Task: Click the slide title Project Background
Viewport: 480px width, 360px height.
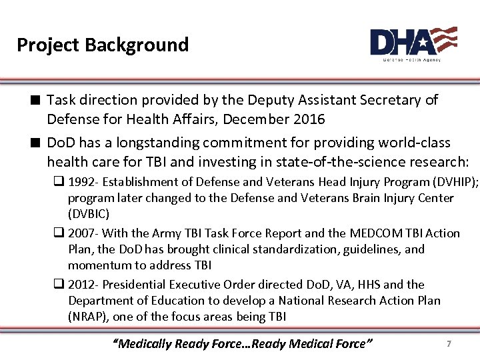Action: (x=103, y=45)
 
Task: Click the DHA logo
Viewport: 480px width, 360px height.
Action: (x=413, y=43)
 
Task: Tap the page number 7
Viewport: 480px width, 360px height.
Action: (x=449, y=343)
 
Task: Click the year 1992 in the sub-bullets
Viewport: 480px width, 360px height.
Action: (x=82, y=182)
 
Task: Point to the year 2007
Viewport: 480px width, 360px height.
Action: (x=82, y=233)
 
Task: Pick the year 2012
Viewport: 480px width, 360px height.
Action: (x=82, y=285)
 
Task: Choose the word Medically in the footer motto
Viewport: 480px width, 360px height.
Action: (x=145, y=344)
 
